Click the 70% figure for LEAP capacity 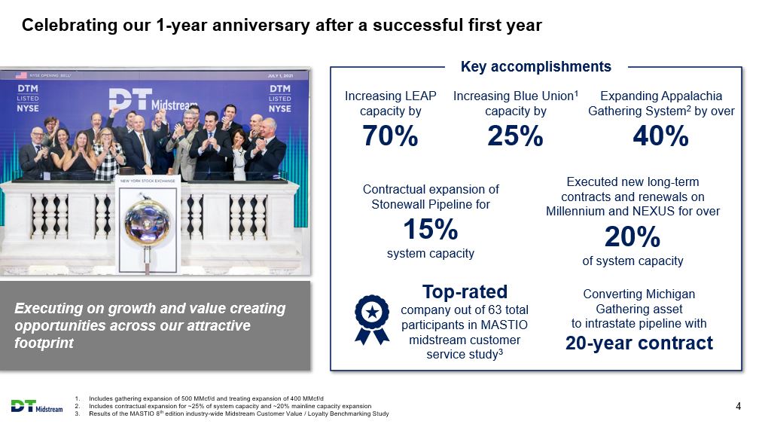click(x=390, y=136)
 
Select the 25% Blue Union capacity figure click(x=515, y=136)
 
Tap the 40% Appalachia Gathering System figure click(x=661, y=136)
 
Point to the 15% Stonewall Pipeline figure click(x=431, y=229)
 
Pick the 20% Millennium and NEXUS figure click(x=632, y=236)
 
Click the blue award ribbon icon click(x=372, y=320)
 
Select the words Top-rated click(x=465, y=292)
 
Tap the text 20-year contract click(x=639, y=343)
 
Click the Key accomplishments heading click(x=536, y=66)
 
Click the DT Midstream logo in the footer click(x=37, y=407)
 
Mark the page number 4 click(x=738, y=406)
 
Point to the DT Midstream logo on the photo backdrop click(x=152, y=99)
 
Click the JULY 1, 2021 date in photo click(x=280, y=75)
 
